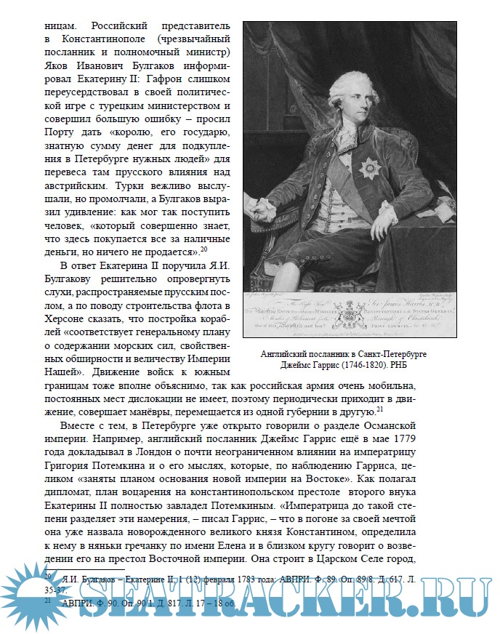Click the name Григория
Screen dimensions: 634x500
point(68,470)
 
